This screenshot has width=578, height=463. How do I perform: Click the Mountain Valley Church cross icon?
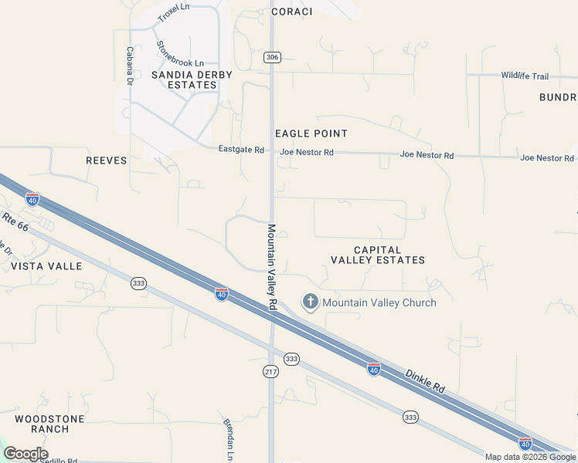pyautogui.click(x=311, y=302)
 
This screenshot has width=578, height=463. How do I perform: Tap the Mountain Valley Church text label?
pyautogui.click(x=379, y=302)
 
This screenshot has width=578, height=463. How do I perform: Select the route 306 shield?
pyautogui.click(x=271, y=58)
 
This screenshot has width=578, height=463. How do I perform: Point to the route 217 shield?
pyautogui.click(x=270, y=372)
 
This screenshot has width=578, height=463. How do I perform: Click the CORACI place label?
pyautogui.click(x=292, y=12)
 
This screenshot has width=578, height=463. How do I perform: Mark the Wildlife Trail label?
pyautogui.click(x=524, y=76)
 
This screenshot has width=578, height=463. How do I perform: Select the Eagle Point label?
pyautogui.click(x=311, y=133)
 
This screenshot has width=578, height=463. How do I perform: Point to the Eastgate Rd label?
pyautogui.click(x=241, y=150)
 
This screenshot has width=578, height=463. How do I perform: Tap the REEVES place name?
pyautogui.click(x=106, y=161)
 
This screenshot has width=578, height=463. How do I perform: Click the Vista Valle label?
pyautogui.click(x=46, y=265)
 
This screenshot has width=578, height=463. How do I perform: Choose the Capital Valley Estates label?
pyautogui.click(x=378, y=255)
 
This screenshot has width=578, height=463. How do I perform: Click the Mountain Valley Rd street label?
pyautogui.click(x=272, y=267)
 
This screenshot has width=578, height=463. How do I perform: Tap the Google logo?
pyautogui.click(x=25, y=454)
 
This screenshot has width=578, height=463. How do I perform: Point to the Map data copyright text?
pyautogui.click(x=530, y=457)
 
